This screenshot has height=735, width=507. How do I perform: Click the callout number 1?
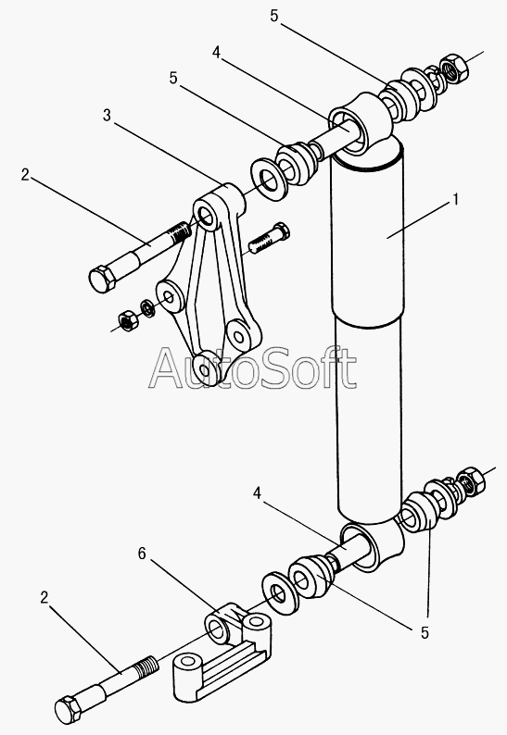point(454,200)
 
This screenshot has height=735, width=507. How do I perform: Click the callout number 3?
point(108,115)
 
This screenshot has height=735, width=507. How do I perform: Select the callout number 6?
point(142,554)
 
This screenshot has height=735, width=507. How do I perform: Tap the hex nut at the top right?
point(454,69)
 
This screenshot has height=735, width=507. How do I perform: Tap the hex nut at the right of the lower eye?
point(471,482)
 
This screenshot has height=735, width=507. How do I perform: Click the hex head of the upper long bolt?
point(102,280)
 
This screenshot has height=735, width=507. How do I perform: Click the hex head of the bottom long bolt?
point(70,711)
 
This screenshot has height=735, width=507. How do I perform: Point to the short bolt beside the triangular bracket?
point(269,239)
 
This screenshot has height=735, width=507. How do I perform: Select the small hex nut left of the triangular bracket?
point(127,320)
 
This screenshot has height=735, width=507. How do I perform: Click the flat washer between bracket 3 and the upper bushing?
point(268,181)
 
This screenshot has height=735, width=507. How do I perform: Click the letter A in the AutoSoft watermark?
point(168,368)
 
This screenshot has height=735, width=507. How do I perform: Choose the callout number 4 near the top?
point(216,52)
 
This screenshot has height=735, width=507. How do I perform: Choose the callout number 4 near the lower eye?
point(257,493)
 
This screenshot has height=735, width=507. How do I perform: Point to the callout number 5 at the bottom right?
point(425,633)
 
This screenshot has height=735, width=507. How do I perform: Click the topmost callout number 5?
point(274,16)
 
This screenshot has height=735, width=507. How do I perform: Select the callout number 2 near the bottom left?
point(44,598)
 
